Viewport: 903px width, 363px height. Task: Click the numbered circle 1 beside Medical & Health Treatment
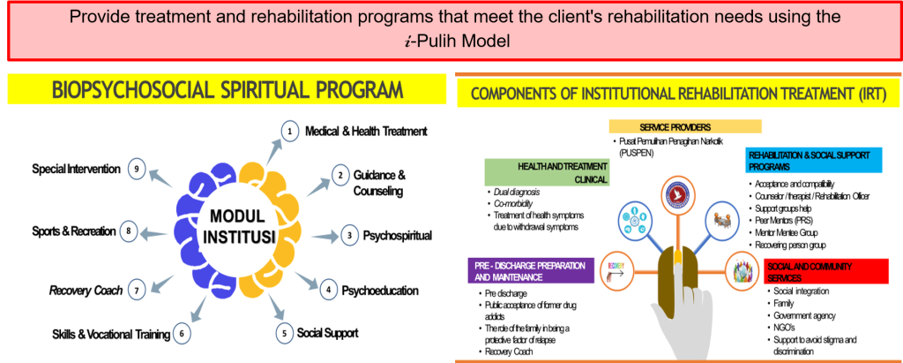(287, 131)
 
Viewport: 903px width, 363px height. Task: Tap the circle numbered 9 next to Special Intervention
(136, 168)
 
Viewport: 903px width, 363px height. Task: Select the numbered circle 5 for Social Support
(284, 333)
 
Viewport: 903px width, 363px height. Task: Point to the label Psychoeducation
(380, 290)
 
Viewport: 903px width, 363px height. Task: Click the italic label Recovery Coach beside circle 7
(84, 289)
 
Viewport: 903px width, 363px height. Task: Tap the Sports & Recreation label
(73, 231)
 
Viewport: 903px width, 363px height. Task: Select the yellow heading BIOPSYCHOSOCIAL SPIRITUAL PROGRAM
(227, 91)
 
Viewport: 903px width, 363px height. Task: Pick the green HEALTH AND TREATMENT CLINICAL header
(547, 172)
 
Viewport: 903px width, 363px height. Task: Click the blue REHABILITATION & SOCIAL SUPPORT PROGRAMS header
(812, 160)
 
